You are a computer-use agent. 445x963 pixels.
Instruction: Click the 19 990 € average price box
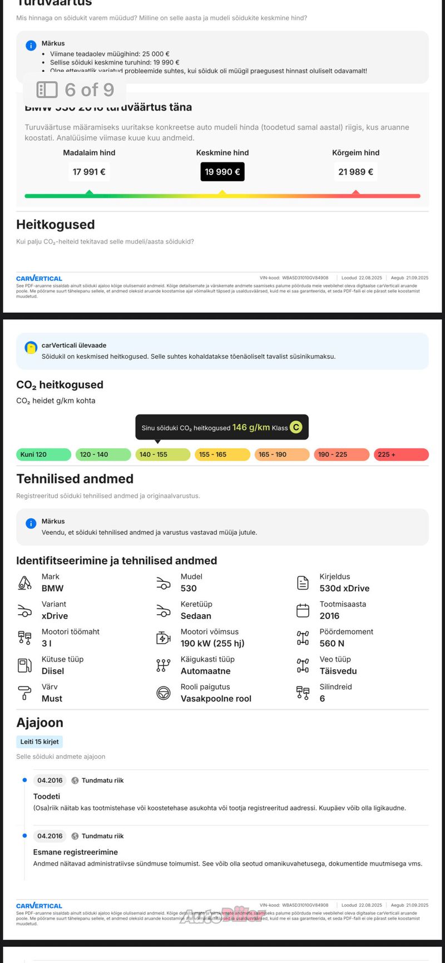point(222,172)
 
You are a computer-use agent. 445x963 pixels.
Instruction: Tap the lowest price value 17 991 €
point(89,172)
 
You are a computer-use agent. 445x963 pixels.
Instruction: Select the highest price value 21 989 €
point(355,172)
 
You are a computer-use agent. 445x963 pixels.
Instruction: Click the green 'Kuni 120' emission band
point(44,455)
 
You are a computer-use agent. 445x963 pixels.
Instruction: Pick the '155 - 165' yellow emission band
point(222,455)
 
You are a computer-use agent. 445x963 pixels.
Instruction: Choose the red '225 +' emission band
point(400,455)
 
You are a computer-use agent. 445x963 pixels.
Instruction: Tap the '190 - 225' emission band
point(341,455)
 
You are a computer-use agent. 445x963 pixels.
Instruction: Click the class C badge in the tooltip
point(296,427)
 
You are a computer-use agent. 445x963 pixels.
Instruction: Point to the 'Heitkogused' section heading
point(56,225)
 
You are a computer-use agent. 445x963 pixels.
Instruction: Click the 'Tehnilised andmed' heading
point(75,479)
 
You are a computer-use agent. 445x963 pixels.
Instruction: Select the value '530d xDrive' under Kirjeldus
point(344,589)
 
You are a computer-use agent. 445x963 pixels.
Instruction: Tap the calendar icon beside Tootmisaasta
point(303,610)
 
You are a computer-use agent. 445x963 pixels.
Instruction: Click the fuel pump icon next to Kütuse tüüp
point(25,665)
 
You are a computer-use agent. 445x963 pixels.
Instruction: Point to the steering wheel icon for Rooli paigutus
point(164,693)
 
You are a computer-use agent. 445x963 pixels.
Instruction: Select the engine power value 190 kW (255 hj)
point(212,644)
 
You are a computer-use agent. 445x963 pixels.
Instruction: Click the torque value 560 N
point(332,644)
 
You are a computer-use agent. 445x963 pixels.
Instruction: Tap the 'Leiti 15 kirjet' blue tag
point(39,742)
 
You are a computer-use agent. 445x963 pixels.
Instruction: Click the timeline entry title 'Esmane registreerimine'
point(76,852)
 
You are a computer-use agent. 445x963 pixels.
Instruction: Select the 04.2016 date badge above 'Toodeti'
point(50,781)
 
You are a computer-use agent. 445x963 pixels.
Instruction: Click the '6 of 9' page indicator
point(76,90)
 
